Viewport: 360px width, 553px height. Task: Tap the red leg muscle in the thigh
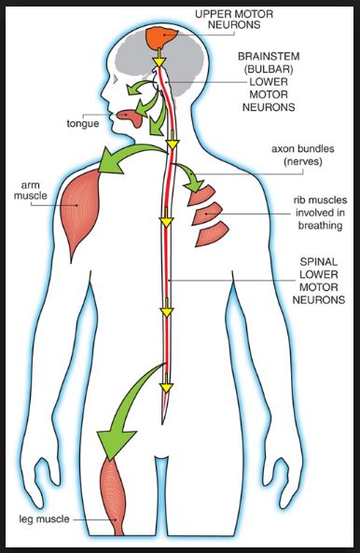[x=110, y=494]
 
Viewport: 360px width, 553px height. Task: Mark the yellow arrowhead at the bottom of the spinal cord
[x=167, y=385]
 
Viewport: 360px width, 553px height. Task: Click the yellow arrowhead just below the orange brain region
[x=159, y=63]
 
